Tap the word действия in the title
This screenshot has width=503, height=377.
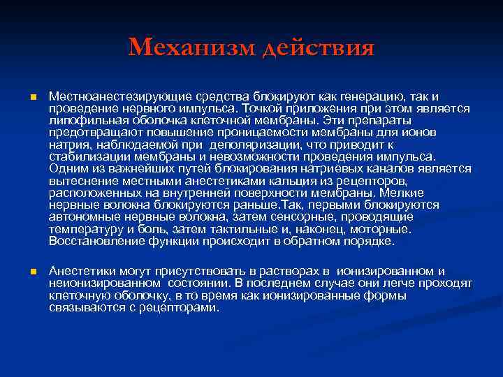[x=318, y=48]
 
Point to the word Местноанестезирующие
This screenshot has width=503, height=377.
[x=115, y=96]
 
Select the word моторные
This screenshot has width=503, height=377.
[x=385, y=230]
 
